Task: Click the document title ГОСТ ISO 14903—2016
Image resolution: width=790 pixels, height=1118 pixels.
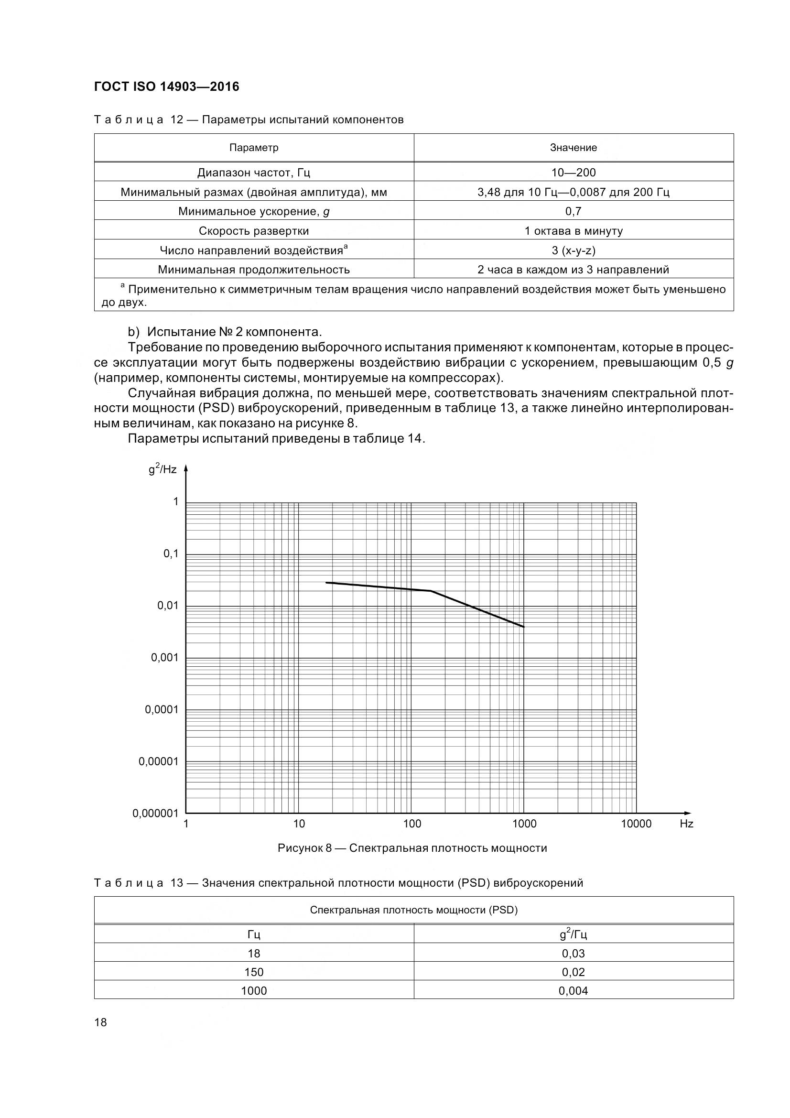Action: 166,87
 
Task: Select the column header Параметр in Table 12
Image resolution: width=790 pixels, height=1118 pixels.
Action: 254,148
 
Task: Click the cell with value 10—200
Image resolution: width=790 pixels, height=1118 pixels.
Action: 574,173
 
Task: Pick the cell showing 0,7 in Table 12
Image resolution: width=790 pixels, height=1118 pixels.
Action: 574,211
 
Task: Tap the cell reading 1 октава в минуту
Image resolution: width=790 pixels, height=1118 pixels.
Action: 574,231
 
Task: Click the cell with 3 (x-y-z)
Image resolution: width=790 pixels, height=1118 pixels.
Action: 574,250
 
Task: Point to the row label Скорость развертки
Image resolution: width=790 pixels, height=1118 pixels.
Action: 254,231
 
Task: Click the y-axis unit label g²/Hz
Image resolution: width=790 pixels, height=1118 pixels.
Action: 162,469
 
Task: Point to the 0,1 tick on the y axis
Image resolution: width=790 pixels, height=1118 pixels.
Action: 171,554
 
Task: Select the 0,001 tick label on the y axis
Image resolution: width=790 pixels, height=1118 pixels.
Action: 164,658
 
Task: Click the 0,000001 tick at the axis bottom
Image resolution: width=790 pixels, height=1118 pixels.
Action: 155,813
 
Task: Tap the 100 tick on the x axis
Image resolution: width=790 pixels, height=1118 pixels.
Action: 412,824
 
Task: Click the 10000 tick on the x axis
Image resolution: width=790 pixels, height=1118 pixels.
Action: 636,824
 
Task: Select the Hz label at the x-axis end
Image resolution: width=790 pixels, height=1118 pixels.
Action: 686,824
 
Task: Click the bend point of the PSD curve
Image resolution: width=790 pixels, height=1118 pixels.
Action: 431,591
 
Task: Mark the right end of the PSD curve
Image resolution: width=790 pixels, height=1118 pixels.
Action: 524,627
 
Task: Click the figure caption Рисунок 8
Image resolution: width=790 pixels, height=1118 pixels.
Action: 412,848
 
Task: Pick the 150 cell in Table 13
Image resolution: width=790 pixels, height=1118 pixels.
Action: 254,972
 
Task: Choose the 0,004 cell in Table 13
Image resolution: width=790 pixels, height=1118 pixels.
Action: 574,991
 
